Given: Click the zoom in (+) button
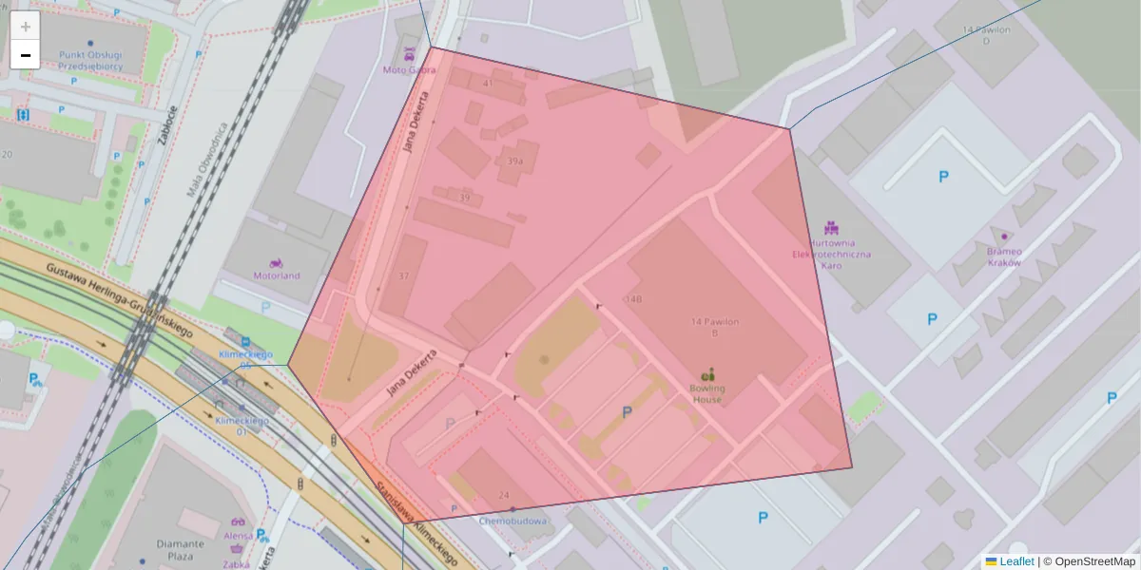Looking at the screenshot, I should (x=26, y=27).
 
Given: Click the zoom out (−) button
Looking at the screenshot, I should (x=26, y=55).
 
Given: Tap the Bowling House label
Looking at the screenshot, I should (x=706, y=393).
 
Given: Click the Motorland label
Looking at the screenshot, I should (x=276, y=275).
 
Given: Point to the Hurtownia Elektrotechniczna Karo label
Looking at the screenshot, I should (x=831, y=254).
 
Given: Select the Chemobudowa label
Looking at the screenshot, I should (x=512, y=521).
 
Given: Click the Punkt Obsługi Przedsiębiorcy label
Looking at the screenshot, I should (x=89, y=61).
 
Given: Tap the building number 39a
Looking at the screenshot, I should (x=514, y=161).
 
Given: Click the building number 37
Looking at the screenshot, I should (x=404, y=275).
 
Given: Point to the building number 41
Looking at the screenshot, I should (x=488, y=84).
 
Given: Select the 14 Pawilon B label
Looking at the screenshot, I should (x=715, y=328).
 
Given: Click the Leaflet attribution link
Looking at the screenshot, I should (x=1016, y=561).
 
